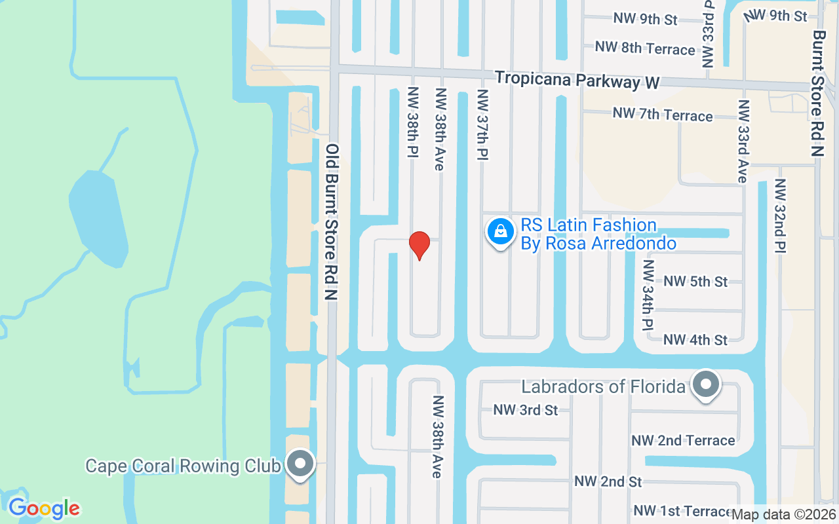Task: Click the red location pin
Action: pyautogui.click(x=419, y=245)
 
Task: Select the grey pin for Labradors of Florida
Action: pyautogui.click(x=706, y=384)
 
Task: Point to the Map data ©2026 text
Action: pyautogui.click(x=784, y=514)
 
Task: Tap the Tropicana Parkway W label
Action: pyautogui.click(x=577, y=80)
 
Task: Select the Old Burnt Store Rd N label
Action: pyautogui.click(x=332, y=223)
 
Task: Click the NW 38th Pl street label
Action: pyautogui.click(x=413, y=122)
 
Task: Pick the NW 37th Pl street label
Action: pyautogui.click(x=483, y=124)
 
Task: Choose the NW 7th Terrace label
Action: pyautogui.click(x=662, y=115)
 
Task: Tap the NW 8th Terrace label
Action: pyautogui.click(x=645, y=48)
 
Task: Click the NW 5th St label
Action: pyautogui.click(x=695, y=282)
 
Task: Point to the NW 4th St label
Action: pyautogui.click(x=695, y=340)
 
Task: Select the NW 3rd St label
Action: pyautogui.click(x=526, y=410)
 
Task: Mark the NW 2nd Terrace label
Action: pyautogui.click(x=683, y=440)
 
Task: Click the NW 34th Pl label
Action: pyautogui.click(x=648, y=295)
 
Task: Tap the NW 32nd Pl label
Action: pyautogui.click(x=780, y=215)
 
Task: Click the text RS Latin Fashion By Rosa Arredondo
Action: pyautogui.click(x=598, y=234)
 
